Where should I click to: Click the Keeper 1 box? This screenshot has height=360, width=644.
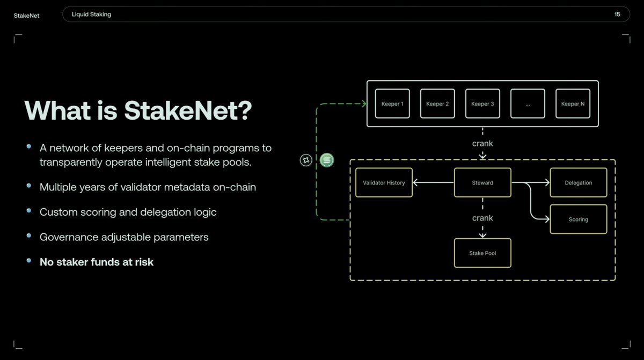pos(392,104)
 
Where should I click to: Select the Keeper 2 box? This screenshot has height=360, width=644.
pos(437,104)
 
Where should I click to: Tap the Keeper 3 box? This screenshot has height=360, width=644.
pos(482,104)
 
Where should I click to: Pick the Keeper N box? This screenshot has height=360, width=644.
pos(573,104)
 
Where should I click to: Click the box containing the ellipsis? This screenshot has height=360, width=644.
pos(528,104)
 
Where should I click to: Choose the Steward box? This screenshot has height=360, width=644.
pos(482,182)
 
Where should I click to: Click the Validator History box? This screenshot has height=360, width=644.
pos(384,182)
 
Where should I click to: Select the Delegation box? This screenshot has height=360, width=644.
pos(579,182)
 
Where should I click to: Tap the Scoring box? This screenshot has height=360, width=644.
pos(579,219)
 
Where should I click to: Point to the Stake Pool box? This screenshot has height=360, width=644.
pos(482,253)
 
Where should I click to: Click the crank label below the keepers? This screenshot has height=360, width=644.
pos(482,143)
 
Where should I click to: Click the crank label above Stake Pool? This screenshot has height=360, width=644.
pos(482,218)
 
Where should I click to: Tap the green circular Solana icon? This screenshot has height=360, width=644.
pos(327,159)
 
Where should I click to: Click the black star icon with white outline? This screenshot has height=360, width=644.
pos(306,159)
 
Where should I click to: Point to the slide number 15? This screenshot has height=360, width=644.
pos(617,14)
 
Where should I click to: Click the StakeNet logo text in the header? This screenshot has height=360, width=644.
pos(27,15)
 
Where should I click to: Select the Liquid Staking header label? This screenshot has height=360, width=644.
pos(92,14)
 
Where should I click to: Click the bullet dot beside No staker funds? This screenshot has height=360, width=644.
pos(29,261)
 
